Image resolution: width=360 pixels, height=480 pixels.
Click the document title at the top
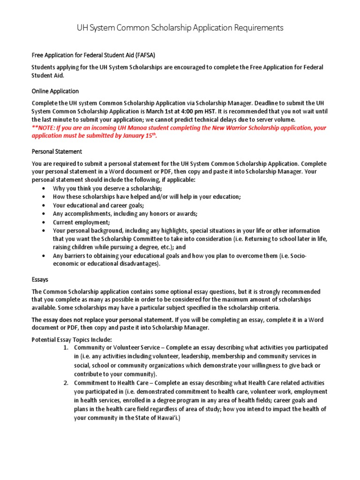180,28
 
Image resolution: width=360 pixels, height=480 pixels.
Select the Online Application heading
55,91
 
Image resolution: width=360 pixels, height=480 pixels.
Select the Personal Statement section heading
57,152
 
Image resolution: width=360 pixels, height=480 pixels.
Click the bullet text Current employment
82,222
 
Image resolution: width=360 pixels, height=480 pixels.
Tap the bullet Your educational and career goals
98,205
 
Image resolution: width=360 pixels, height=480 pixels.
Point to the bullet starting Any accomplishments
125,214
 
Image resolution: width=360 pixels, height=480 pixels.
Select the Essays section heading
40,279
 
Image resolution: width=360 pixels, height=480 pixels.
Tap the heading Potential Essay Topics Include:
72,339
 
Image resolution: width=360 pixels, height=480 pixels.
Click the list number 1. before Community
66,348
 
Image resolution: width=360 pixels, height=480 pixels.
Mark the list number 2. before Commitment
66,383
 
